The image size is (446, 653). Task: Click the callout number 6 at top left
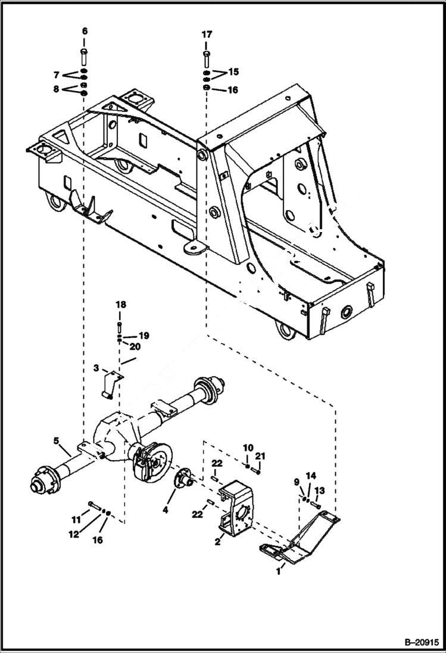click(84, 31)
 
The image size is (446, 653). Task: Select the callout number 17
click(207, 35)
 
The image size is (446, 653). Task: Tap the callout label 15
click(233, 71)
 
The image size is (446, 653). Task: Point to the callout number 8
click(56, 89)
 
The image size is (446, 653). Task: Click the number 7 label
click(56, 75)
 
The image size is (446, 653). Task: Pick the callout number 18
click(121, 304)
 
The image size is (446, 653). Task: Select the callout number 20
click(135, 346)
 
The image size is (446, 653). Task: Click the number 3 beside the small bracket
click(96, 368)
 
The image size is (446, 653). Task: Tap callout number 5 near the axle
click(56, 441)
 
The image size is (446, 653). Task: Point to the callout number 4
click(166, 510)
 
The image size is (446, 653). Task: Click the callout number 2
click(218, 542)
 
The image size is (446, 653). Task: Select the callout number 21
click(260, 457)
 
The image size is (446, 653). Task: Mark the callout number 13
click(320, 490)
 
